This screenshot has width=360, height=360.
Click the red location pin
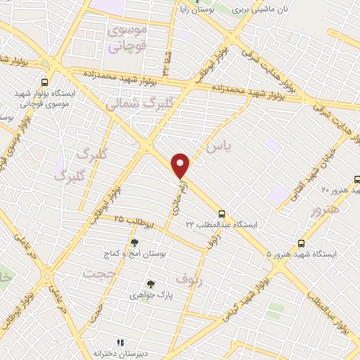[x=181, y=165]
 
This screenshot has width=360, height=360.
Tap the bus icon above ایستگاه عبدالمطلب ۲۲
[x=221, y=212]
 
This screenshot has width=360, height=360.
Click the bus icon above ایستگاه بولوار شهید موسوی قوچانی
[x=46, y=82]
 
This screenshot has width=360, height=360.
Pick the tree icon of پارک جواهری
[x=150, y=285]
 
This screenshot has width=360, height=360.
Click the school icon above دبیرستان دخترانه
[x=120, y=342]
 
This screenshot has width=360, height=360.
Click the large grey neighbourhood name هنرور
[x=324, y=209]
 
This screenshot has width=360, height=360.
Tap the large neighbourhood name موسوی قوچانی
[x=126, y=39]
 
